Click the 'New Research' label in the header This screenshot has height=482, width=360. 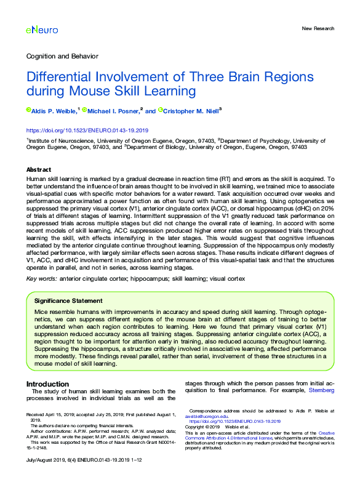click(318, 28)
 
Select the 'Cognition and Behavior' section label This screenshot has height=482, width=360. click(62, 56)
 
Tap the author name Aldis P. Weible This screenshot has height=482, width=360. click(54, 111)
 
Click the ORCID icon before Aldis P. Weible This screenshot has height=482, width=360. click(28, 111)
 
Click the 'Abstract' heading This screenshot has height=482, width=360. click(39, 169)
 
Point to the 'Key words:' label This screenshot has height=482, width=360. click(41, 279)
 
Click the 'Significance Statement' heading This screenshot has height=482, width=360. click(68, 301)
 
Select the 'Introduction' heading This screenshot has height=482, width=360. click(47, 384)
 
